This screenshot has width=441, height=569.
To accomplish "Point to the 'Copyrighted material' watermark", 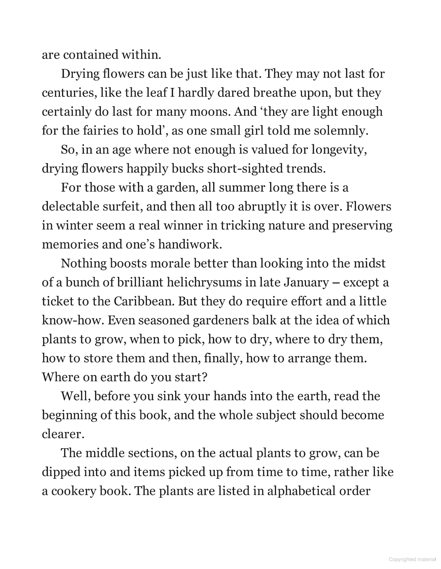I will (412, 559).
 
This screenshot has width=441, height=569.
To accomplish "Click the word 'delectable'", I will (70, 206).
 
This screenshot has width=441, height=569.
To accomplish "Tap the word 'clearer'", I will (62, 434).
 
